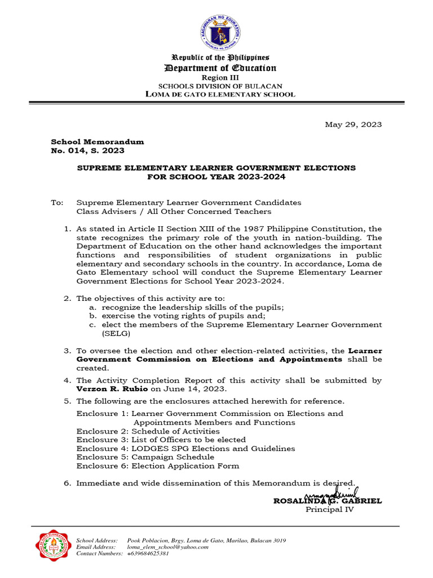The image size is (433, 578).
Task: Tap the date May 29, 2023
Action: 354,124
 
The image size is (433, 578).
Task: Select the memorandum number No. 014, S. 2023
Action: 88,151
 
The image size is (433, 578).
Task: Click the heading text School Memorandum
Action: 98,142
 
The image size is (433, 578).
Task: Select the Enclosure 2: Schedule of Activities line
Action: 148,431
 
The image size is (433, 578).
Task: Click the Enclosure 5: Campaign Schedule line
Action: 145,457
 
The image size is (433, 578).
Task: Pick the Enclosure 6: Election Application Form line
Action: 158,466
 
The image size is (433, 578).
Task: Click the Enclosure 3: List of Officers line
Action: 161,439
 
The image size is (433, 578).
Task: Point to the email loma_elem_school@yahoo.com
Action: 168,546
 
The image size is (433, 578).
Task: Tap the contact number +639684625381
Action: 148,554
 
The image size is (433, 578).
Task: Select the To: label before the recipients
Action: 58,202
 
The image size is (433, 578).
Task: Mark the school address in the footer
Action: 206,540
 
